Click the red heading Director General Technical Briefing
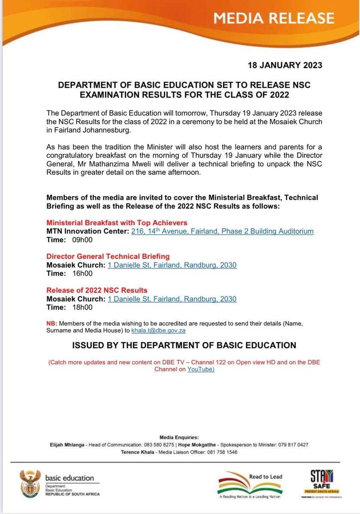[108, 256]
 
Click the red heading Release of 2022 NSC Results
[96, 290]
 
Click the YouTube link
[201, 369]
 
